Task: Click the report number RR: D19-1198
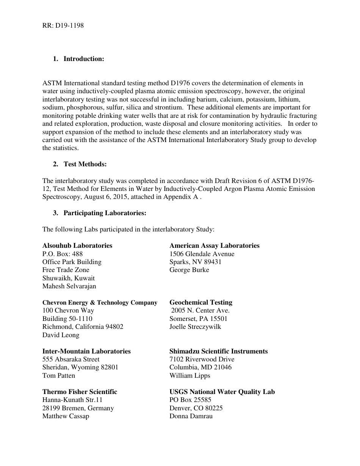point(63,26)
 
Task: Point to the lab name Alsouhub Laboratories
point(77,246)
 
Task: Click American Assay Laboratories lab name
point(214,246)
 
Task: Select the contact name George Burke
point(189,270)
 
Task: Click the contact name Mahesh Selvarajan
point(69,286)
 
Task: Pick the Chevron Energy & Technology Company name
point(100,302)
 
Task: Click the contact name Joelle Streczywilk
point(195,327)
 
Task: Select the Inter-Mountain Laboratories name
point(86,351)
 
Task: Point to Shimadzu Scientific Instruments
point(219,351)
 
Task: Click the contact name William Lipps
point(190,375)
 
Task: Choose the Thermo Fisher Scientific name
point(80,392)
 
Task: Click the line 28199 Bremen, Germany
point(78,408)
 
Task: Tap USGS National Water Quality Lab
point(222,392)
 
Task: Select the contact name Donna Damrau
point(191,416)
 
